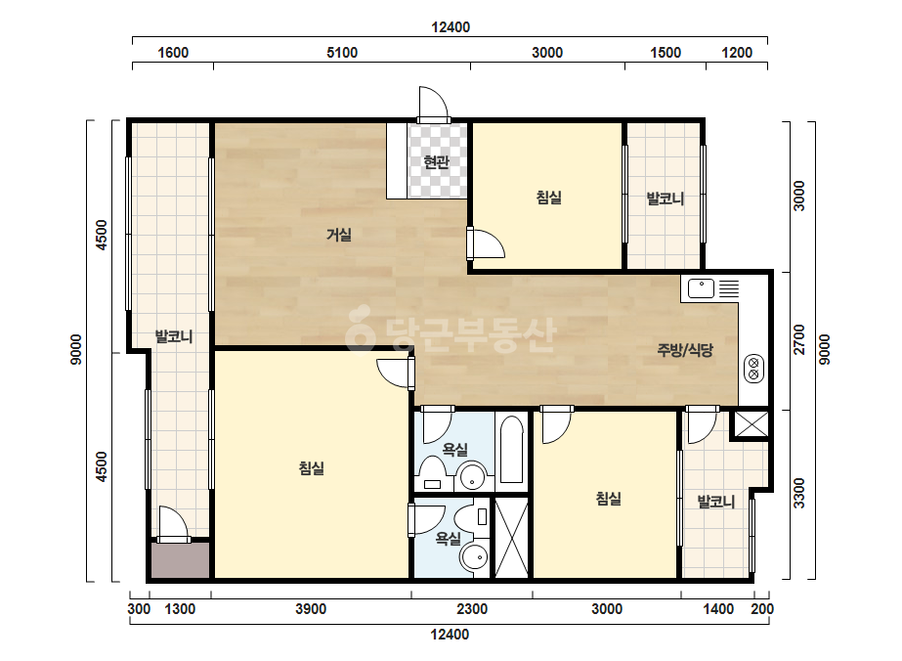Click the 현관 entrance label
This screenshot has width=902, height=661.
point(436,162)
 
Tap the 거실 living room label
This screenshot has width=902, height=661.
point(339,235)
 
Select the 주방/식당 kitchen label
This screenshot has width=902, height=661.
point(685,349)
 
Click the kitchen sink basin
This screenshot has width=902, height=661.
point(701,288)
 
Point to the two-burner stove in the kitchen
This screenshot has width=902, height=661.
point(753,369)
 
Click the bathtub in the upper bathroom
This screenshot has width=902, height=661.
point(511,450)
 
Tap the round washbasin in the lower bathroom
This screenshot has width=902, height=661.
point(474,557)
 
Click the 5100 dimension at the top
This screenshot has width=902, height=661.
point(342,53)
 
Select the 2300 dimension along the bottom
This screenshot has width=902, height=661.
point(472,608)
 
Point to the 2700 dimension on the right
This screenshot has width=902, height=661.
point(799,339)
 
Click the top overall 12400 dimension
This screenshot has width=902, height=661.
point(451,27)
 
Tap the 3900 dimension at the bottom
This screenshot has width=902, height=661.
point(311,608)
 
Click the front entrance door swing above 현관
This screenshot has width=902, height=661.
point(434,104)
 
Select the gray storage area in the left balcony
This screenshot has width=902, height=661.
point(181,560)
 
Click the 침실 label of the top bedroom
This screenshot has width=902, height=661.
point(549,198)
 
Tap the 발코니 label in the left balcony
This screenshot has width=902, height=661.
point(173,336)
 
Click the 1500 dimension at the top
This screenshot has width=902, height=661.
point(666,53)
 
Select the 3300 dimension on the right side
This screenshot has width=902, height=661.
point(799,493)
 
